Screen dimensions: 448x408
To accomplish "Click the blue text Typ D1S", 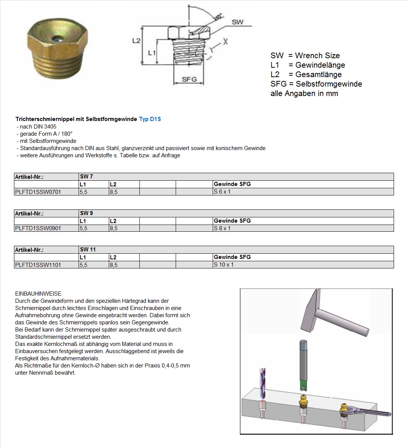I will (x=150, y=119).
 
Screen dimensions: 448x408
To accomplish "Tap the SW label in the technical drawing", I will (x=238, y=22).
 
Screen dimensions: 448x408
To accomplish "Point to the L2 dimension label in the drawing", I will (x=136, y=40).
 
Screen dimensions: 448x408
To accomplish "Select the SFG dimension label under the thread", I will (x=189, y=79).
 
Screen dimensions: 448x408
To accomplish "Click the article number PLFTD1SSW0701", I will (x=38, y=192).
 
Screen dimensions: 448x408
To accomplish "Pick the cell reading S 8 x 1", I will (x=222, y=228).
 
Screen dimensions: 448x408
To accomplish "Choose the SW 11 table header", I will (x=88, y=250).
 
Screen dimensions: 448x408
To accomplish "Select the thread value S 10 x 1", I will (x=224, y=265).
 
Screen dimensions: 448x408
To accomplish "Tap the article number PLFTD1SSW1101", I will (x=38, y=265).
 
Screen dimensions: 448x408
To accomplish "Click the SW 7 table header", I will (x=87, y=177).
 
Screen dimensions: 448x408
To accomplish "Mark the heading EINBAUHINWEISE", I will (x=38, y=294).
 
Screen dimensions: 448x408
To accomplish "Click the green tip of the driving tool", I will (x=303, y=386).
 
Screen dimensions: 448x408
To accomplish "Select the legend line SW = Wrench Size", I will (x=305, y=56).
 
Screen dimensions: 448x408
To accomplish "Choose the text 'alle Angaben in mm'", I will (x=304, y=93).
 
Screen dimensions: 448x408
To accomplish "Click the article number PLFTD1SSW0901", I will (x=38, y=228).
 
